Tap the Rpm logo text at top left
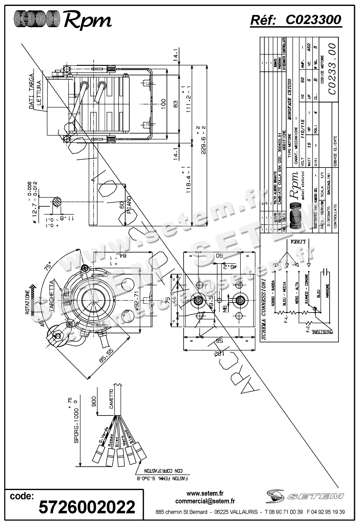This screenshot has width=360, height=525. click(87, 20)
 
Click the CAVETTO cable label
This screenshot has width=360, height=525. click(112, 398)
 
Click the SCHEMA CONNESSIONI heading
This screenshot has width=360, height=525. click(264, 309)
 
